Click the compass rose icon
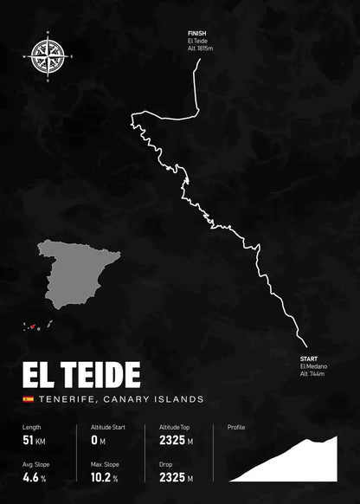(46, 55)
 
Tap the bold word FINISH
(196, 33)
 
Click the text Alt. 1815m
(202, 48)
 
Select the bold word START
(309, 359)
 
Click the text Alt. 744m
(312, 374)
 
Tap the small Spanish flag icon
(28, 399)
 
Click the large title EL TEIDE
(81, 375)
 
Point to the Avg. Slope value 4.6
(29, 477)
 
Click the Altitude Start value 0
(93, 441)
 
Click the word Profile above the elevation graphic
(236, 428)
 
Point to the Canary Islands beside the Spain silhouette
(39, 326)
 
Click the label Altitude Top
(176, 428)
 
